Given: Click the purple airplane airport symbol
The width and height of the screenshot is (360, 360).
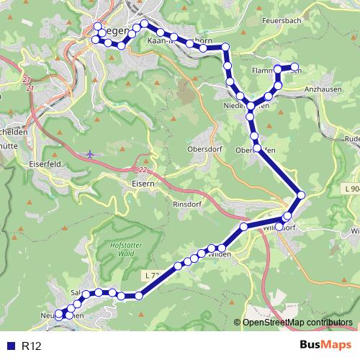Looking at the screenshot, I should point(89,153).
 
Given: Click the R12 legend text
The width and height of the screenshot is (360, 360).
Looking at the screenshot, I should point(31,346).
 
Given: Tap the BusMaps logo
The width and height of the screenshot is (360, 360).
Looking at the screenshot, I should point(325,346).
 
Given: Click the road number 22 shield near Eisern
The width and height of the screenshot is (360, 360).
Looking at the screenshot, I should point(143,170).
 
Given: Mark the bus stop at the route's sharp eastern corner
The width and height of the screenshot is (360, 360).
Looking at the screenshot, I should point(301,194).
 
